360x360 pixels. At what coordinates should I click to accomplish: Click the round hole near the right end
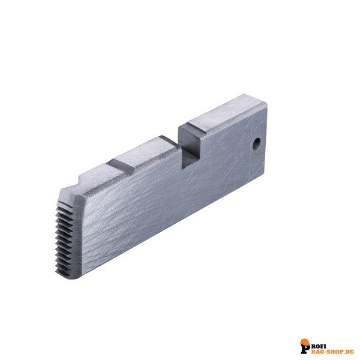click(256, 144)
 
